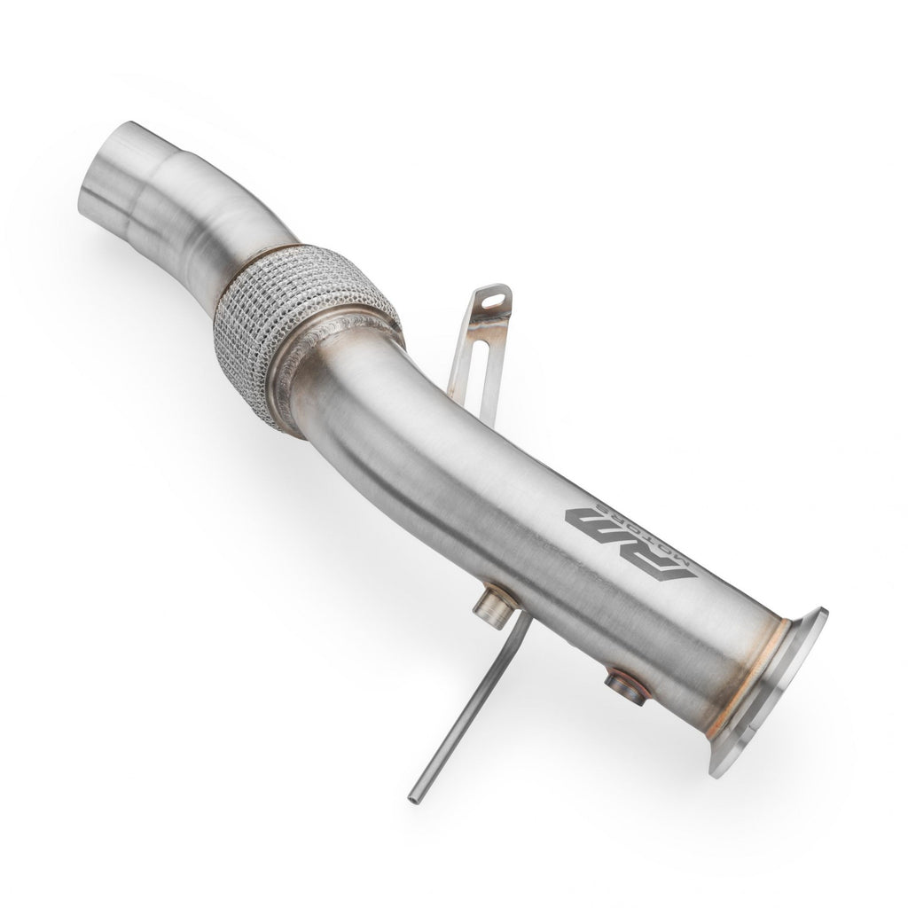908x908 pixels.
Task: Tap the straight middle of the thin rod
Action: (461, 723)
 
